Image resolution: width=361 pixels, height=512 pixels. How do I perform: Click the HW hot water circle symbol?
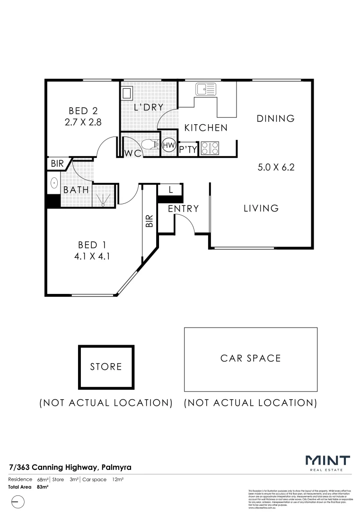click(x=168, y=146)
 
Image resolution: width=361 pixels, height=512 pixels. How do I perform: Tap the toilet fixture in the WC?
click(x=151, y=144)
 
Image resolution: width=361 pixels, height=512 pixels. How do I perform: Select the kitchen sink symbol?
click(x=206, y=89)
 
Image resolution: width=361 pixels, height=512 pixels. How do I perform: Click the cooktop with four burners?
click(x=210, y=148)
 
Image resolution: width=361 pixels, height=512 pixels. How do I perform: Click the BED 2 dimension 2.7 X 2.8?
click(x=82, y=122)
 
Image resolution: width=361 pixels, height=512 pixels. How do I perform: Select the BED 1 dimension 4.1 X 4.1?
click(x=91, y=256)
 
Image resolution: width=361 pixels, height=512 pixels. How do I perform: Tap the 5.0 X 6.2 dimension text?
click(x=276, y=167)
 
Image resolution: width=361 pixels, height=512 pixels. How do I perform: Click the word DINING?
click(x=275, y=119)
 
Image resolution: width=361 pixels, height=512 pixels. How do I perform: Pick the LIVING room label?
click(x=261, y=208)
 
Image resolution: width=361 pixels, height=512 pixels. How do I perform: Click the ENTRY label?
click(x=183, y=209)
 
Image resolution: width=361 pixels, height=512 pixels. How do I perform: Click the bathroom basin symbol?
click(x=53, y=183)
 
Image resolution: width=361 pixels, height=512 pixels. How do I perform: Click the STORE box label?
click(x=106, y=366)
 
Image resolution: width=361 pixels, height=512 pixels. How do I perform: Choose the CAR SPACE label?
click(x=250, y=358)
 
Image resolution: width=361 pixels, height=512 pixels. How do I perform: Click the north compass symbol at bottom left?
click(x=17, y=501)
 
